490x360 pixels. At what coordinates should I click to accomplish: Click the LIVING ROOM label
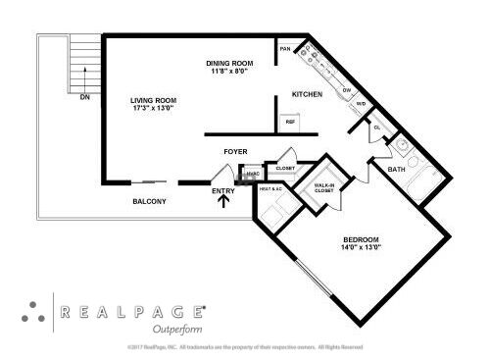[x=153, y=100]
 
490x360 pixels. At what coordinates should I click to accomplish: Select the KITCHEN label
[x=307, y=94]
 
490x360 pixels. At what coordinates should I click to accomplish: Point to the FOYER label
[x=235, y=152]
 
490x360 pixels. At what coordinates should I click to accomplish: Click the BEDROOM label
[x=361, y=240]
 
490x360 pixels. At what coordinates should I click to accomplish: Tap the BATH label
[x=396, y=170]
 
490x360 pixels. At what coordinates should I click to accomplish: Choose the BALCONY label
[x=149, y=202]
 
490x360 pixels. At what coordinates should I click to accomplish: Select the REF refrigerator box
[x=290, y=122]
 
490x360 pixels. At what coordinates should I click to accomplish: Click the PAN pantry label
[x=285, y=48]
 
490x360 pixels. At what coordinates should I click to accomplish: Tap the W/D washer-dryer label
[x=361, y=104]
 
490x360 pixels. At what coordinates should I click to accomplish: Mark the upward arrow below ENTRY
[x=222, y=202]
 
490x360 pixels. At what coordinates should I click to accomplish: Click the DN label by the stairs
[x=84, y=97]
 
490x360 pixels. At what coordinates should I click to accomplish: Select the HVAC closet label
[x=252, y=174]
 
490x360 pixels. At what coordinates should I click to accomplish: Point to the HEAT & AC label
[x=270, y=188]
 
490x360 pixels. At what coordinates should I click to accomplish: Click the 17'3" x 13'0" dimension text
[x=153, y=109]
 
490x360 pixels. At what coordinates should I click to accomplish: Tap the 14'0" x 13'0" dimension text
[x=361, y=249]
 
